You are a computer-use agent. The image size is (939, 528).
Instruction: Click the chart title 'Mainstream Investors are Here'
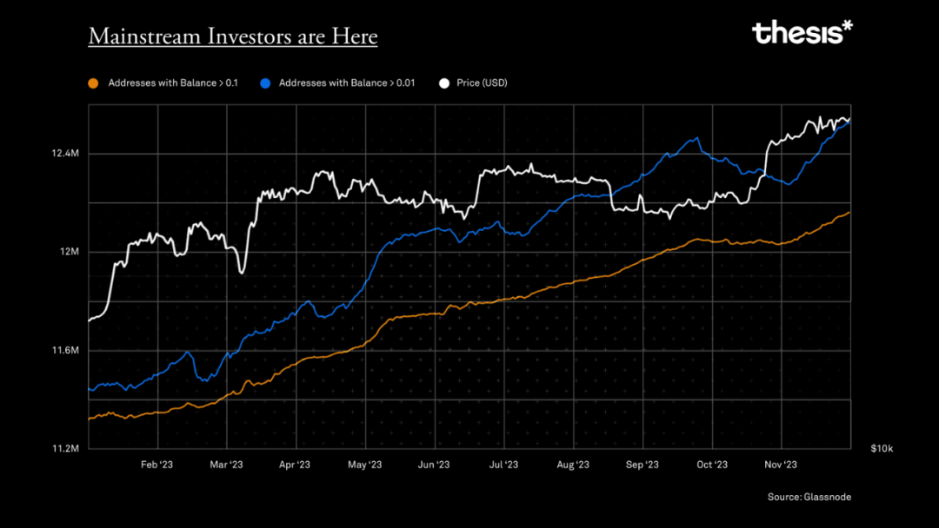tap(233, 36)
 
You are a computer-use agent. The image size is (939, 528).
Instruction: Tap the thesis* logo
tap(802, 33)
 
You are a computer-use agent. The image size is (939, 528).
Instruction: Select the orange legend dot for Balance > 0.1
tap(93, 83)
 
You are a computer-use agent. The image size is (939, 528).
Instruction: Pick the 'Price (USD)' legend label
tap(482, 83)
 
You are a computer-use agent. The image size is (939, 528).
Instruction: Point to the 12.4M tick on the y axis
tap(66, 154)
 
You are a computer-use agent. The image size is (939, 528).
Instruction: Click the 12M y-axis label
tap(70, 252)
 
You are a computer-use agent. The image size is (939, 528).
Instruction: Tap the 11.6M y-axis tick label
tap(66, 351)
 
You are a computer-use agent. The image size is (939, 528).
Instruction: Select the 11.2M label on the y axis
tap(66, 449)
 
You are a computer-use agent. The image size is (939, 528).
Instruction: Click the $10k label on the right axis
tap(882, 449)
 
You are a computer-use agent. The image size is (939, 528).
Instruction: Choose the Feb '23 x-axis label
tap(156, 465)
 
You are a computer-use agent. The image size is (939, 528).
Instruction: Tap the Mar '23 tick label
tap(226, 465)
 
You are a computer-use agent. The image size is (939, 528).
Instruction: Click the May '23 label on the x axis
tap(365, 465)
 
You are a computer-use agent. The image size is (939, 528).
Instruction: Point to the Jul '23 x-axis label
tap(503, 465)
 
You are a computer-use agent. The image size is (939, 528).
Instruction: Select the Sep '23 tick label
tap(642, 465)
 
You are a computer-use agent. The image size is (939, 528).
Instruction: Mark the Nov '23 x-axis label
tap(781, 465)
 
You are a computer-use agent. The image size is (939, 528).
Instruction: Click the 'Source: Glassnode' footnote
tap(809, 497)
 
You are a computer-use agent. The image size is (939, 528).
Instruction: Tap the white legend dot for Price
tap(444, 83)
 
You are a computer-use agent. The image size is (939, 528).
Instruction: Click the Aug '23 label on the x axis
tap(572, 465)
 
